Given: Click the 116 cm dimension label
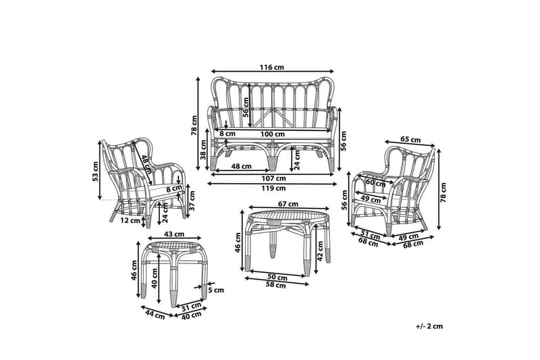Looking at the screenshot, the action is (x=272, y=67).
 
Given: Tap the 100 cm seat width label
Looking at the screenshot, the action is (x=272, y=134).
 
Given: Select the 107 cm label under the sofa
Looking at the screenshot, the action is (x=273, y=178).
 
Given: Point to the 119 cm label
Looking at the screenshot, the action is (x=273, y=188).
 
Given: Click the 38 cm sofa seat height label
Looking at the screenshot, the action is (x=203, y=149).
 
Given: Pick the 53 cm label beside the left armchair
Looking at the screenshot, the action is (x=95, y=171).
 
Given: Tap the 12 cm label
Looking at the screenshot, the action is (x=130, y=220).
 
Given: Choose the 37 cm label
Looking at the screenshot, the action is (x=192, y=201).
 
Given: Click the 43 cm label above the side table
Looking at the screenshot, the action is (x=174, y=234).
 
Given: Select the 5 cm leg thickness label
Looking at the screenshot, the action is (x=216, y=290).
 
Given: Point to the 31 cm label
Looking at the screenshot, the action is (x=192, y=306).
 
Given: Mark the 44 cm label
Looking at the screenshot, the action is (x=155, y=315).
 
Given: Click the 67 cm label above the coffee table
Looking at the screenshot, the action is (x=288, y=204).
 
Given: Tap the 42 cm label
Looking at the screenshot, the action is (x=320, y=251).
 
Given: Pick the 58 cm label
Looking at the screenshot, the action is (x=276, y=285).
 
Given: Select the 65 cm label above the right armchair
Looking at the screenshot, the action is (x=410, y=140).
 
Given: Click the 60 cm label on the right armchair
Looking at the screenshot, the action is (x=375, y=182).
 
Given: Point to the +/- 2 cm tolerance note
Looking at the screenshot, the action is (x=429, y=326).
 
